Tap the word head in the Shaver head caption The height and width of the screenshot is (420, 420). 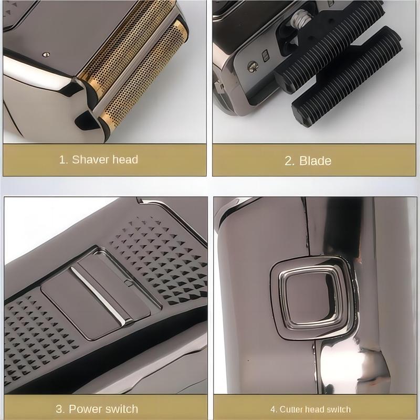point(125,160)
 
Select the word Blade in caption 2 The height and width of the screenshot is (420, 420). point(316,161)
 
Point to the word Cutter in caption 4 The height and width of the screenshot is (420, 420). point(291,409)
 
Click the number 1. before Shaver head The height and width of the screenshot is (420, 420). point(64,160)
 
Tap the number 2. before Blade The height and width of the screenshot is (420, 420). point(290,161)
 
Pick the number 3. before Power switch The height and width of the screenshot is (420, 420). point(60,409)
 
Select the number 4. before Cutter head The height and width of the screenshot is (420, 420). point(274,409)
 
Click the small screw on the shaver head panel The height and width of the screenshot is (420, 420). point(46,55)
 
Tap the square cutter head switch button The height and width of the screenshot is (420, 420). point(311,297)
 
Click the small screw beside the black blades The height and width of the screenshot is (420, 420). point(252,67)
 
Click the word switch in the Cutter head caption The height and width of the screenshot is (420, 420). point(338,409)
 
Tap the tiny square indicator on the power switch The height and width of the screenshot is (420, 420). point(128,282)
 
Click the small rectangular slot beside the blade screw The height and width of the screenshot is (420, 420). point(266,56)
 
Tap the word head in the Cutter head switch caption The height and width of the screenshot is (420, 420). point(314,409)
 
